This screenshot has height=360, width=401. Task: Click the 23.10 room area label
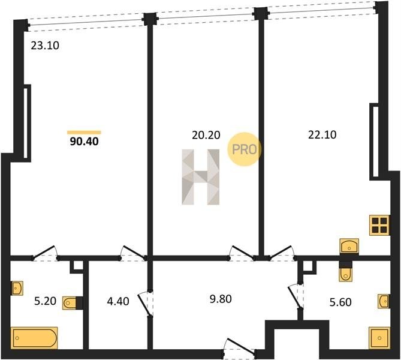click(x=45, y=46)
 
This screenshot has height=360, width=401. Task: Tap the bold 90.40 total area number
click(x=84, y=142)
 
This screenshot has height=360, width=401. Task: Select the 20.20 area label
click(x=206, y=135)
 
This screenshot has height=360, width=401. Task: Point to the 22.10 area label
click(x=322, y=134)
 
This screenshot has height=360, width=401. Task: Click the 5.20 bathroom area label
click(x=46, y=301)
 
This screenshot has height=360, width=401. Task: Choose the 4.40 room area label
click(x=118, y=301)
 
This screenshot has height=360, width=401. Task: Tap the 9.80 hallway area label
click(x=221, y=299)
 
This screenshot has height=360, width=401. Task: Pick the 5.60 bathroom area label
click(x=340, y=302)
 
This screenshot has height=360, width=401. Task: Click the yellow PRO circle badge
click(x=244, y=149)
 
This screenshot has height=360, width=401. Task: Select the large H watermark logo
click(x=200, y=177)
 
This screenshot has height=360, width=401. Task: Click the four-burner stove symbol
click(x=379, y=226)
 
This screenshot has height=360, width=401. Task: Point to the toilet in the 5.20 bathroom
click(x=70, y=303)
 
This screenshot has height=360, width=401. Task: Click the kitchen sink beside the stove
click(x=349, y=246)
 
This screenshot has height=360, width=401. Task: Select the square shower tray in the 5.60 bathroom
click(x=379, y=338)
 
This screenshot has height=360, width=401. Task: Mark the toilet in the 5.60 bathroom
click(x=346, y=274)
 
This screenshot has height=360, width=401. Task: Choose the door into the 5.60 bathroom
click(x=296, y=296)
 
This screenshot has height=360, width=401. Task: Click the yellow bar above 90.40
click(x=84, y=133)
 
